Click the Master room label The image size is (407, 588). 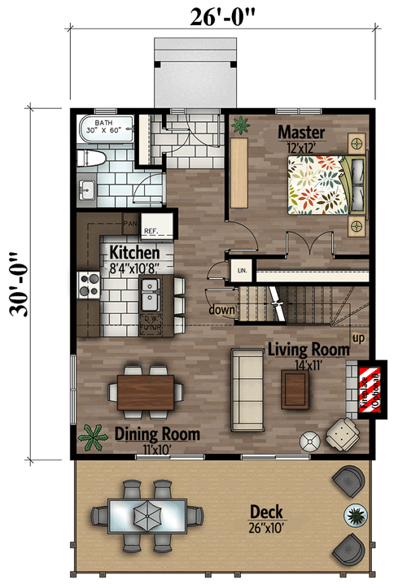[x=301, y=132]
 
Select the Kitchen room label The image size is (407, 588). [x=129, y=253]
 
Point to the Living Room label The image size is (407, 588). [x=309, y=350]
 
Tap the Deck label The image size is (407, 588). [x=266, y=512]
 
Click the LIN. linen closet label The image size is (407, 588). [x=242, y=269]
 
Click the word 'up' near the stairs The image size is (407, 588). [x=357, y=336]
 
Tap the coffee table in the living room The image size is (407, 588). [x=295, y=389]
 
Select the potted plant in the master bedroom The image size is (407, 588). [x=241, y=124]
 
